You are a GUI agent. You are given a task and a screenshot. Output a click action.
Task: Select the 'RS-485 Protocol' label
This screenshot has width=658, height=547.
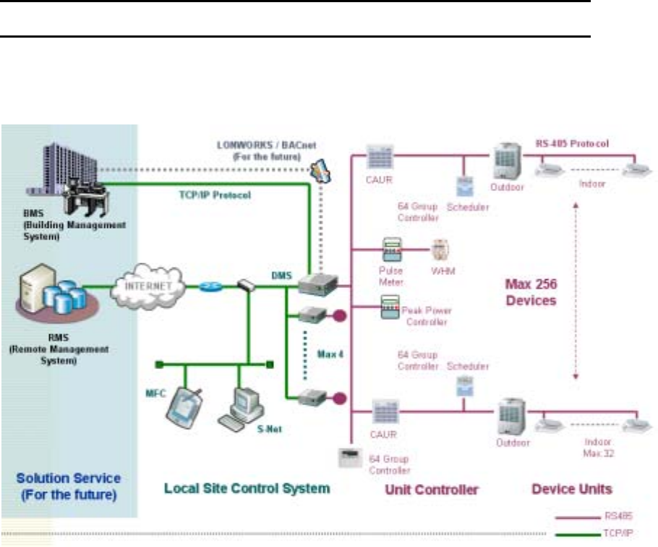click(x=573, y=143)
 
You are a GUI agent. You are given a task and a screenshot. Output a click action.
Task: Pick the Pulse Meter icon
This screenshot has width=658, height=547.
click(x=391, y=250)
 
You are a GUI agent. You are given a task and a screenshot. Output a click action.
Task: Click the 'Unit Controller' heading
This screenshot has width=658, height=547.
click(x=432, y=489)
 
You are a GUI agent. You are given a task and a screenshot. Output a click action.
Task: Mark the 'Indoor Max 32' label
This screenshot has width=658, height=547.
click(x=599, y=446)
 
